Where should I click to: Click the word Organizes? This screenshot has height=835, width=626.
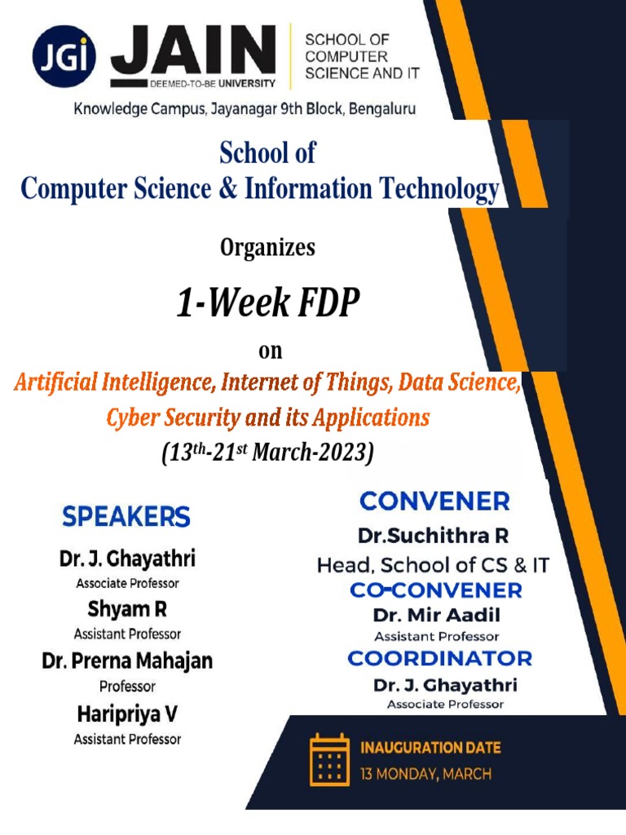tap(267, 248)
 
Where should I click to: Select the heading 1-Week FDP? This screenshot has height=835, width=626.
tap(267, 304)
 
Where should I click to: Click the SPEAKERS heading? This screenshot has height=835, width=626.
tap(126, 516)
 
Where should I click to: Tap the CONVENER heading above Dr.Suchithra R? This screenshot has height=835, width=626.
tap(434, 501)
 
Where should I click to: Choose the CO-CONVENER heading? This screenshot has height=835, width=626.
tap(436, 590)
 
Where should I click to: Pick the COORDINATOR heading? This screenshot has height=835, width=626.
tap(439, 658)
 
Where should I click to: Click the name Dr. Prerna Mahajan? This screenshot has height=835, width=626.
tap(127, 660)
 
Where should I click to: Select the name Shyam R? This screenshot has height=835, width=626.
tap(127, 609)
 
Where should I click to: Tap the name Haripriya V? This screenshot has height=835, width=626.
tap(127, 714)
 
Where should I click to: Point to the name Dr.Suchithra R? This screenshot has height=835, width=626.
tap(434, 537)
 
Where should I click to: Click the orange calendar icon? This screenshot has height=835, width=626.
tap(328, 759)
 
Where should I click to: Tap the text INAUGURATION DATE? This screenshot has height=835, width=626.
tap(430, 747)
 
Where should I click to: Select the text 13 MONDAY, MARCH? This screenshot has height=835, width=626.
tap(425, 774)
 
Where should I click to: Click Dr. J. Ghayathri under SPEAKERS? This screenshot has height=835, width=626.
tap(127, 560)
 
